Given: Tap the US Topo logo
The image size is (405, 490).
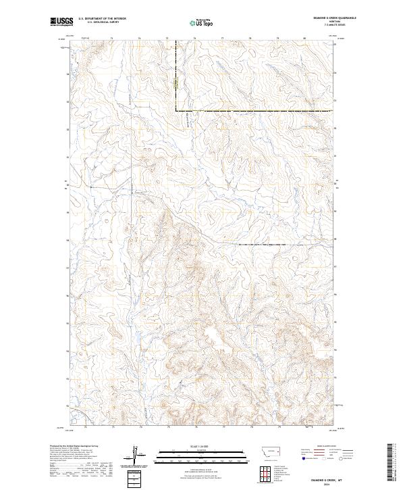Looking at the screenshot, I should click(x=200, y=22).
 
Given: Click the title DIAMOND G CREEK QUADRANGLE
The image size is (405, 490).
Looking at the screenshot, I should click(x=313, y=18).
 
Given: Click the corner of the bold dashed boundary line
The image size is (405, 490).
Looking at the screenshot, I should click(x=176, y=110).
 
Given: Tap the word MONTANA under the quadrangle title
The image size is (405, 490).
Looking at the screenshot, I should click(x=313, y=22).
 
